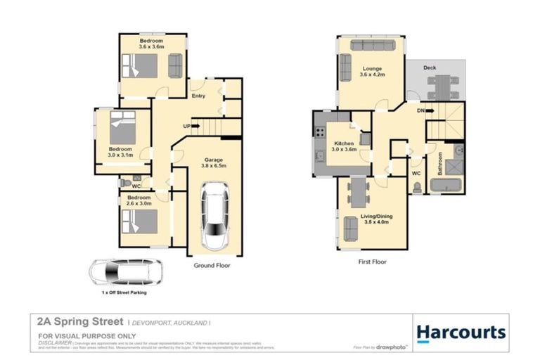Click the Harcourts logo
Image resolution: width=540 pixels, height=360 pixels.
pos(461,332)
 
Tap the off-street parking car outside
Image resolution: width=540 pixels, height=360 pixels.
pos(124,272)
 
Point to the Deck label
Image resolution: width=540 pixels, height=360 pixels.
pos(429,67)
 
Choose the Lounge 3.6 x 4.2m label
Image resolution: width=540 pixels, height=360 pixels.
pos(371,72)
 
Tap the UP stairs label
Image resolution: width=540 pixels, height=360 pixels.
pos(186,126)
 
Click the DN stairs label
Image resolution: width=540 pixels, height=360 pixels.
pos(420,110)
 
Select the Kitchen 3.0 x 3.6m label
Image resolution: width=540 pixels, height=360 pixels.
pos(345,146)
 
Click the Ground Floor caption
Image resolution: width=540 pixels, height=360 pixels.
pos(212,266)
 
